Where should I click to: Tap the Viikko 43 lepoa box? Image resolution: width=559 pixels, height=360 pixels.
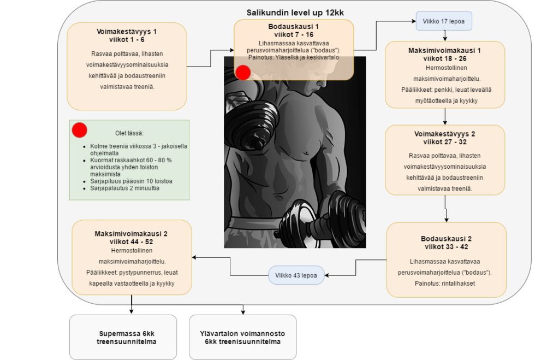[296, 275]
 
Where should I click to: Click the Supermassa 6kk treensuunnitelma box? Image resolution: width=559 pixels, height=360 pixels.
[123, 337]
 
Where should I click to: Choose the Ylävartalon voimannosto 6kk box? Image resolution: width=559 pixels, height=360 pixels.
[242, 337]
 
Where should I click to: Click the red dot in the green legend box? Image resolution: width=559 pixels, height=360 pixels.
[80, 130]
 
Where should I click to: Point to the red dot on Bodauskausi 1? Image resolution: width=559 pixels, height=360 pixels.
[242, 72]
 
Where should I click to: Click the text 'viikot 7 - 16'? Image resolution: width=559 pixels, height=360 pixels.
[294, 34]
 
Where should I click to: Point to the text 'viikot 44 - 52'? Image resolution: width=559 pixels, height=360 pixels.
[131, 241]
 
